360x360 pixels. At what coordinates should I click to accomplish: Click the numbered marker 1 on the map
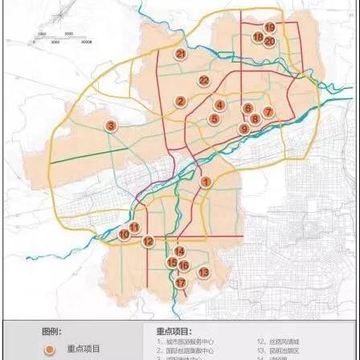[x=206, y=182]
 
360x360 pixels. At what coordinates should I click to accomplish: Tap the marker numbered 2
[x=181, y=101]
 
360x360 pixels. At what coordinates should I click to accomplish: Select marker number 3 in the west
[x=110, y=125]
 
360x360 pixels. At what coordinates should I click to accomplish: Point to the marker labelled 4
[x=219, y=104]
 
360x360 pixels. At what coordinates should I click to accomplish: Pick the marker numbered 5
[x=214, y=118]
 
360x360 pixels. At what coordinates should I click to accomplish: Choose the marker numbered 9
[x=243, y=129]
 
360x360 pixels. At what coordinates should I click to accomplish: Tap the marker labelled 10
[x=124, y=235]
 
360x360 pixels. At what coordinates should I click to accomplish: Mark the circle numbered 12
[x=148, y=241]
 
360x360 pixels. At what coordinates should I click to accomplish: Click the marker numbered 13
[x=203, y=272]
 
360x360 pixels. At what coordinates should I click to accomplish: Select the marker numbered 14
[x=179, y=252]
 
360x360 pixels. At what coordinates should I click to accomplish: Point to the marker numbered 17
[x=180, y=283]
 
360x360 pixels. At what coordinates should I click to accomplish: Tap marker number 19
[x=269, y=28]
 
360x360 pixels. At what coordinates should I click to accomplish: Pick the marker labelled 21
[x=181, y=53]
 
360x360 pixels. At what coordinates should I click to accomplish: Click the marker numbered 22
[x=204, y=80]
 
